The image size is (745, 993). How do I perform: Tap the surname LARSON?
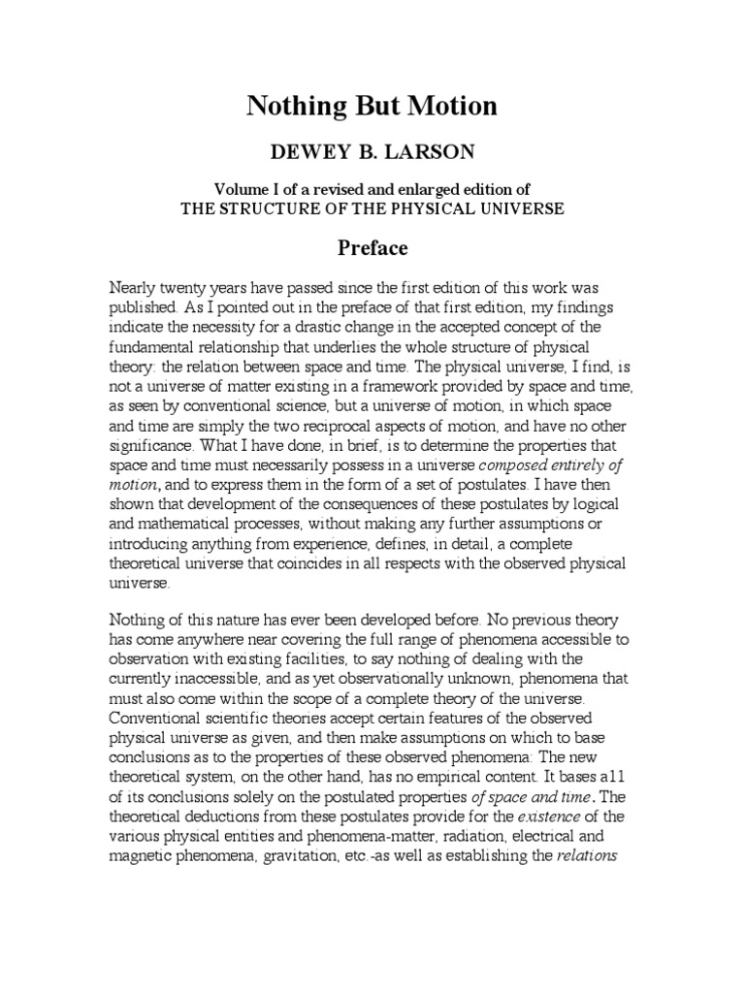pos(434,154)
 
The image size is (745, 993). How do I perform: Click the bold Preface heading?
pos(372,248)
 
